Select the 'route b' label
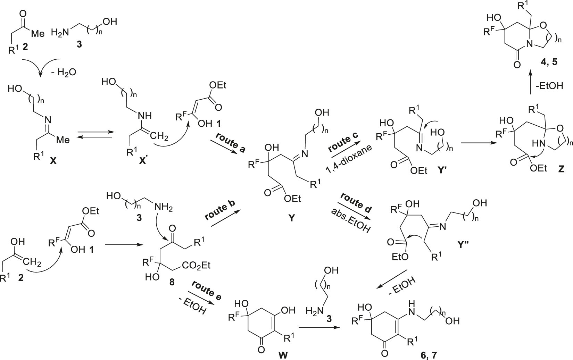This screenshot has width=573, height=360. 220,210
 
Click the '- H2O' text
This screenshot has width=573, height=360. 64,72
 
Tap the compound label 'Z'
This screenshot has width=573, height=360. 561,169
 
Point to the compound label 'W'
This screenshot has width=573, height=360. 283,355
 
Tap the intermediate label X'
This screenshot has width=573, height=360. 142,161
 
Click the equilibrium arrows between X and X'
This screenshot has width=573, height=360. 95,135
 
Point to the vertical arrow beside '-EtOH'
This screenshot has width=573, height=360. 530,82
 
